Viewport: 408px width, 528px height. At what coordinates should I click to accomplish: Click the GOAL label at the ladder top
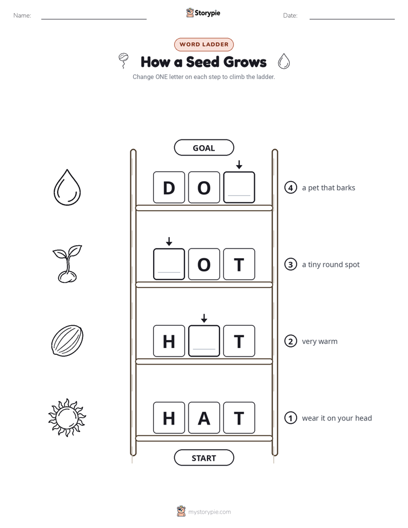point(204,147)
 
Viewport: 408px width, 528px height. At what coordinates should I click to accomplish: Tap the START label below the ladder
point(204,458)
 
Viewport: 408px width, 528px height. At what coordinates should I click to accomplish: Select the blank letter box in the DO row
point(239,187)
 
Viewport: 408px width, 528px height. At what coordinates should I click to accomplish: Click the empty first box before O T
point(169,264)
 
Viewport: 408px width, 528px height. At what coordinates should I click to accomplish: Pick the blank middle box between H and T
point(204,341)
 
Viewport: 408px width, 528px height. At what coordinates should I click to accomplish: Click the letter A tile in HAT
point(204,418)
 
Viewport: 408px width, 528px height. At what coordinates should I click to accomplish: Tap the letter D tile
point(169,187)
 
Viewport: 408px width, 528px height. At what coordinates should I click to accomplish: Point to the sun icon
point(67,418)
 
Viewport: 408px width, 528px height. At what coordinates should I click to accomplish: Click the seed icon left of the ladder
point(67,341)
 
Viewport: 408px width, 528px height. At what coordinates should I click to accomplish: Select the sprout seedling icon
point(67,263)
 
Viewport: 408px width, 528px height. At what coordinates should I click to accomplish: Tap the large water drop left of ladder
point(67,187)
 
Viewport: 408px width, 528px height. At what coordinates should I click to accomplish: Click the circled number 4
point(290,187)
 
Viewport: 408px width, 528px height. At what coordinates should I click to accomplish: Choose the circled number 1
point(290,418)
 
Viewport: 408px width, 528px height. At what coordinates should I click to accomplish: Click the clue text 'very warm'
point(319,341)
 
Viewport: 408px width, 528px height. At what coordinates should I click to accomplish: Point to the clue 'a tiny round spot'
point(331,265)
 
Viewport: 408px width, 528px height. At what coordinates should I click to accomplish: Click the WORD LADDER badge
point(204,45)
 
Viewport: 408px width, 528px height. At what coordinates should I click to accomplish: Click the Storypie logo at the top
point(203,13)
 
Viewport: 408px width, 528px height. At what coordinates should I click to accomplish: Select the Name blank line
point(94,19)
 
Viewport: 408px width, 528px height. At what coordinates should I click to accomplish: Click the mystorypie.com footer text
point(209,512)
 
